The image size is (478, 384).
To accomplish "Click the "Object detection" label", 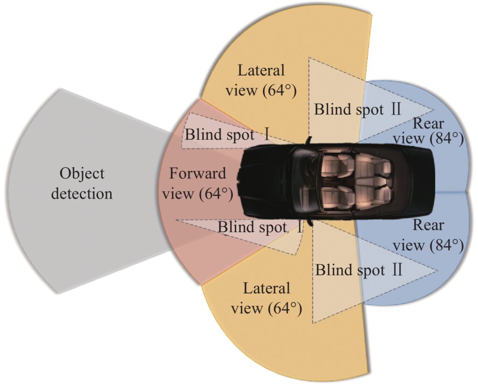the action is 82,184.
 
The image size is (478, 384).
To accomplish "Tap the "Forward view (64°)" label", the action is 197,184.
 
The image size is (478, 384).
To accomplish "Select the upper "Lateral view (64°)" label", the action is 260,80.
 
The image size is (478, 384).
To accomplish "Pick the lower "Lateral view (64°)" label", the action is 266,298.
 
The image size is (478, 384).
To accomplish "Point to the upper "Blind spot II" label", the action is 357,109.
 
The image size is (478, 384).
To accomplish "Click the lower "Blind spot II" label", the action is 358,270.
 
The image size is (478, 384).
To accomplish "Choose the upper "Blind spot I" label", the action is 227,134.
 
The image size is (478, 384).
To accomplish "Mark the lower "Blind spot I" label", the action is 260,226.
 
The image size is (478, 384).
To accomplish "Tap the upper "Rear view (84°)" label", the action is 428,131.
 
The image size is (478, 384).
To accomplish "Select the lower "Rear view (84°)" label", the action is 428,235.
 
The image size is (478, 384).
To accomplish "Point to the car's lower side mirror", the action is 310,222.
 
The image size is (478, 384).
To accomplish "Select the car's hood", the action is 265,182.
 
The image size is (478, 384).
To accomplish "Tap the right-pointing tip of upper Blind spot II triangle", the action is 434,110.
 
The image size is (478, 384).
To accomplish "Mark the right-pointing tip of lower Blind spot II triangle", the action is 437,271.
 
